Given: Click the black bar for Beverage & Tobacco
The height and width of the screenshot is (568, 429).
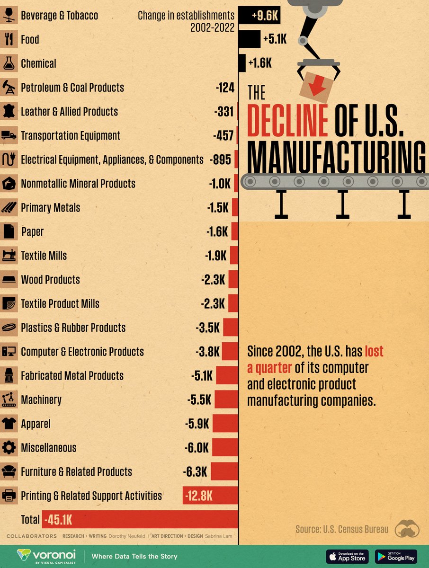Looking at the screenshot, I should pos(259,15).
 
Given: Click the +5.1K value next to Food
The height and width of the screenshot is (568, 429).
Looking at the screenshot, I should pos(275,40).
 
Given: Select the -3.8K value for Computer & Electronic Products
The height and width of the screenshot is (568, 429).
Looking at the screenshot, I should pos(208,352).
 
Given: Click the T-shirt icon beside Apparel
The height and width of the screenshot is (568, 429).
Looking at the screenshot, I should pos(9,424).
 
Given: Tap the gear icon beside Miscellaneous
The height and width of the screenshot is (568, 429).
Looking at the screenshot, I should pos(9,448).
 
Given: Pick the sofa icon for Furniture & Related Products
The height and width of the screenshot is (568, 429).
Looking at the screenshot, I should pos(9,472).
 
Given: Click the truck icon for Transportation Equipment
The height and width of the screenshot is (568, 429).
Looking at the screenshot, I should pos(9,136).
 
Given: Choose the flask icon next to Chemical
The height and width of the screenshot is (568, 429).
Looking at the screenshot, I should pos(9,63).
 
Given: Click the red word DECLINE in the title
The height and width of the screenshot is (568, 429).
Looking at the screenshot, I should pos(288,120).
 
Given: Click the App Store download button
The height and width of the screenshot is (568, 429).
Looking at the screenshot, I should pos(347,556).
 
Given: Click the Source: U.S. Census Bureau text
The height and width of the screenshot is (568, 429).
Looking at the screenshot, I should pos(341,529).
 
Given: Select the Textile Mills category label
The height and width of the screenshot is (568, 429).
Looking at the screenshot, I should pos(44,256).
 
